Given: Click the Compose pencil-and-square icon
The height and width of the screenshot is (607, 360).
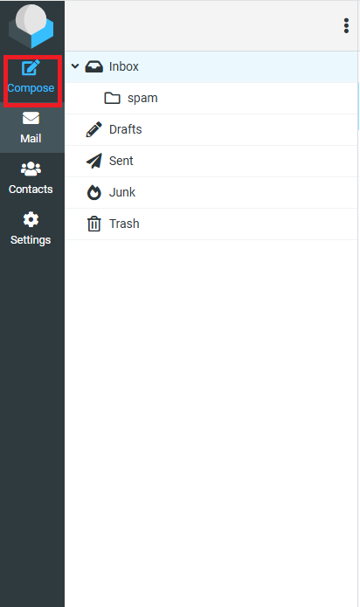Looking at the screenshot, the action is (31, 68).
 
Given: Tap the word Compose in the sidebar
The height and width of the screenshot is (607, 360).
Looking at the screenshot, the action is (31, 88).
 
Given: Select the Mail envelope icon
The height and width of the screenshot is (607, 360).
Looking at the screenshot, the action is (31, 118).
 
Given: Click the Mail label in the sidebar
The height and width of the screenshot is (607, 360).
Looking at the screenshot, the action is (31, 138).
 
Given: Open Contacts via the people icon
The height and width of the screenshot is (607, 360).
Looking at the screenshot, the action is (31, 169).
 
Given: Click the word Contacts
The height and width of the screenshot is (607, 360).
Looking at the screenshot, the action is (31, 189).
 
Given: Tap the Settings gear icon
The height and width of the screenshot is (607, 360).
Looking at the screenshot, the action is (31, 219).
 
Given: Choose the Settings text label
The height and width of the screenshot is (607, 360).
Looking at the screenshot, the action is (31, 240).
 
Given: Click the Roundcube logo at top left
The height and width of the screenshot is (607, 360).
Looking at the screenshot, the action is (31, 26).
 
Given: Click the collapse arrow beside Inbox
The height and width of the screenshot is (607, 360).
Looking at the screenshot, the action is (75, 66).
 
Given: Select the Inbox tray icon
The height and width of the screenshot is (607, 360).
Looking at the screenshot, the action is (94, 66).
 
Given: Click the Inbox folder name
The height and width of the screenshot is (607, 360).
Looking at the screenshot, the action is (123, 66).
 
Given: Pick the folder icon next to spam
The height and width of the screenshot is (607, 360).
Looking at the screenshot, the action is (112, 98).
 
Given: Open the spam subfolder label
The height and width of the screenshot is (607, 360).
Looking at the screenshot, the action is (142, 98).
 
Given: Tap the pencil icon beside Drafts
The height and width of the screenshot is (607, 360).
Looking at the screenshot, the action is (94, 129).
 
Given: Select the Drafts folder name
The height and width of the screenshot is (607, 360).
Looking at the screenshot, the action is (126, 129).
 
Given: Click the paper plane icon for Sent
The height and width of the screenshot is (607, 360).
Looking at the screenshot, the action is (94, 161).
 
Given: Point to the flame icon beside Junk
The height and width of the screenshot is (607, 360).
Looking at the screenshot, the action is (94, 192).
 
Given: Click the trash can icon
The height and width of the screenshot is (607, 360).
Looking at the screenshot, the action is (94, 224).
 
